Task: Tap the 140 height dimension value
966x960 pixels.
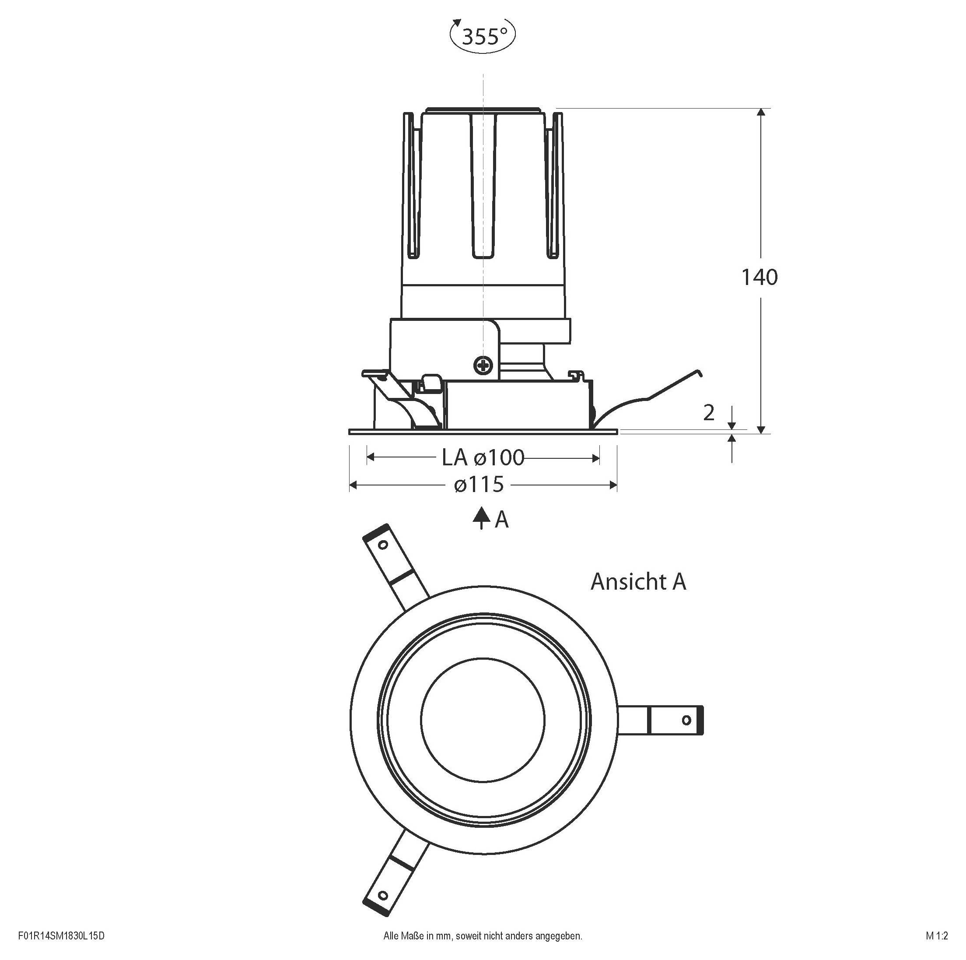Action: (x=759, y=277)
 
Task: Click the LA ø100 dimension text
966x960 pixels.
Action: (x=483, y=457)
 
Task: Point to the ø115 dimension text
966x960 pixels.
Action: (x=479, y=484)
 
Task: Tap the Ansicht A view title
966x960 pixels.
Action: (x=638, y=581)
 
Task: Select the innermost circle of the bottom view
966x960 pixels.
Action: (x=483, y=720)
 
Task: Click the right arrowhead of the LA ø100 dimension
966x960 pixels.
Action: (x=595, y=458)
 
